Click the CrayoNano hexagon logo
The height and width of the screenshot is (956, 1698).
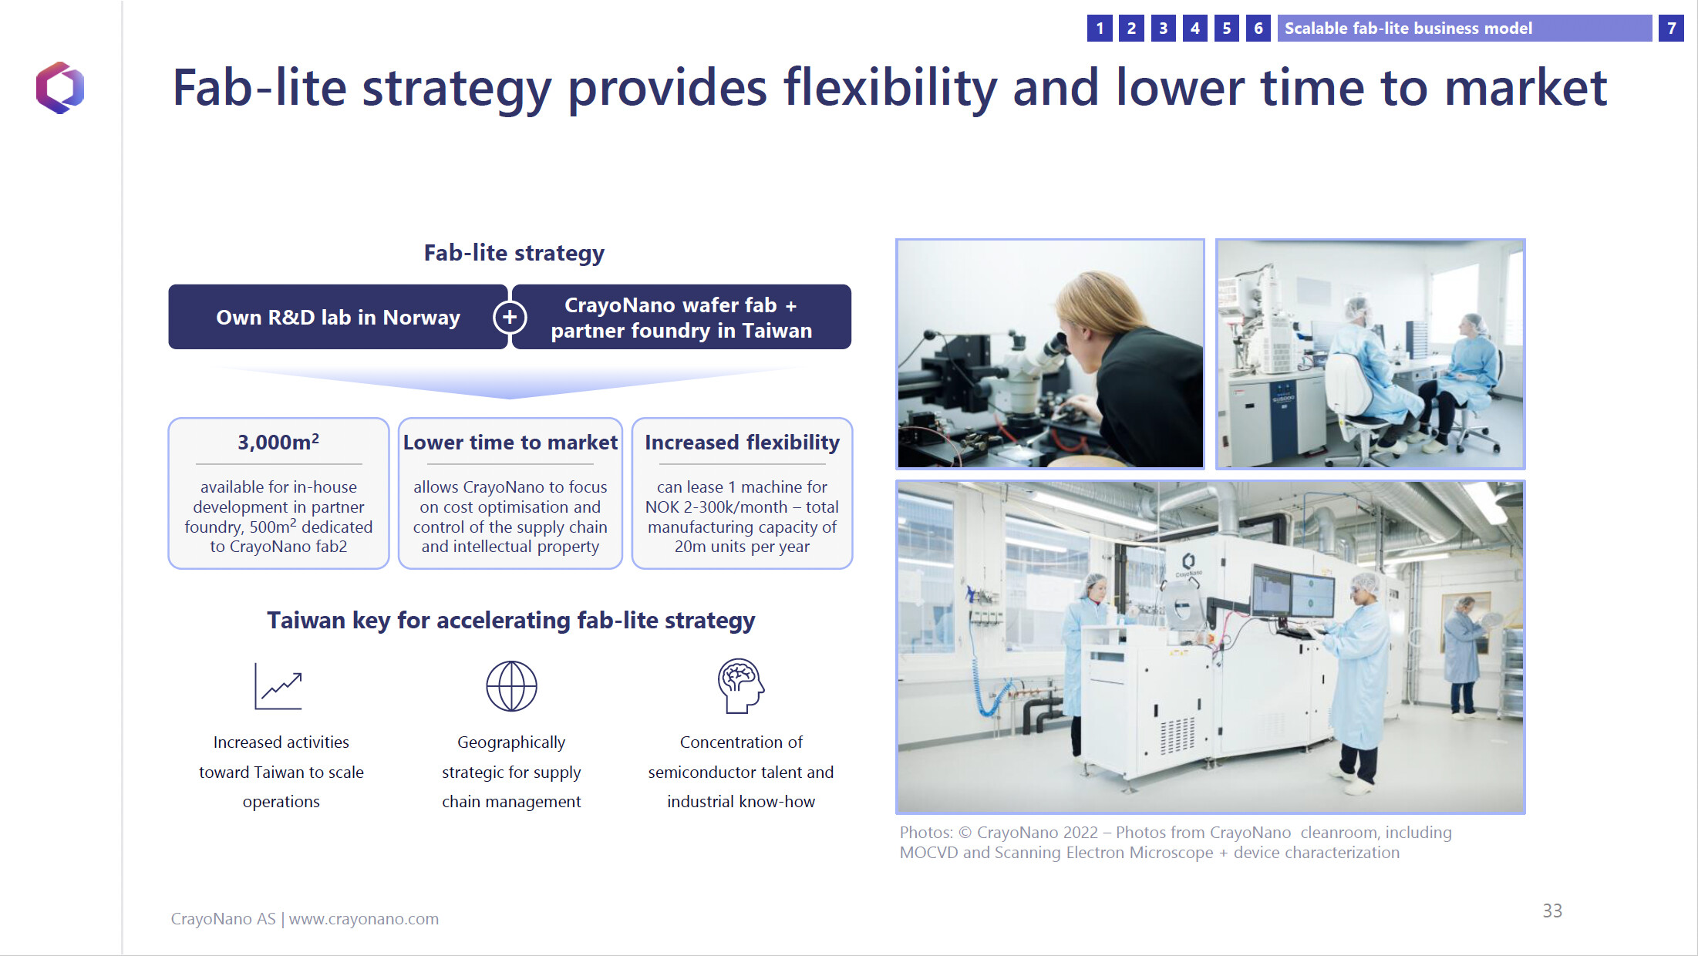pos(59,88)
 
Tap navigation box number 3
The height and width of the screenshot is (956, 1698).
pos(1163,29)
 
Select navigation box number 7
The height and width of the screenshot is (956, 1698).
pos(1671,29)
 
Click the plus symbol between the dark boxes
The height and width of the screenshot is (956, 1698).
pos(510,317)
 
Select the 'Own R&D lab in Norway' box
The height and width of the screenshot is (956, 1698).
pos(338,317)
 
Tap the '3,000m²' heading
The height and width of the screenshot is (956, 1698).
pos(278,442)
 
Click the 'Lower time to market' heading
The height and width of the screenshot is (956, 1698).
pos(510,443)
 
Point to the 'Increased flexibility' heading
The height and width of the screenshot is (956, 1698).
pos(742,443)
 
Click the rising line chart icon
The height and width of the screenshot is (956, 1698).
pos(278,686)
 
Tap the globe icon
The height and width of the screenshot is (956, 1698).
pos(511,686)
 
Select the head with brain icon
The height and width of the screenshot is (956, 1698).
pos(740,685)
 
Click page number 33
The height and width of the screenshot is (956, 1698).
pos(1552,911)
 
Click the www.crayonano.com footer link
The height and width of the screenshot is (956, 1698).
pos(364,919)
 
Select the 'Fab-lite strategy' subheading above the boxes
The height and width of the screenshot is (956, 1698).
pos(514,253)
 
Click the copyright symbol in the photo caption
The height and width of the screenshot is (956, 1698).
pos(965,833)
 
